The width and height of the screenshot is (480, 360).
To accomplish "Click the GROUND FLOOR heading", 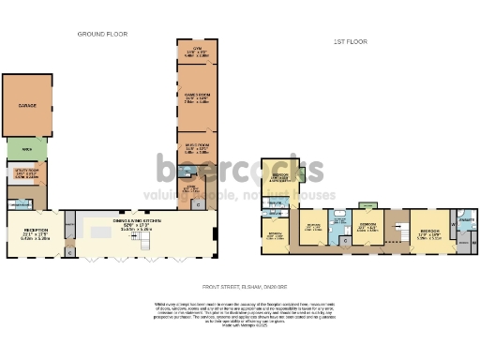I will (102, 34).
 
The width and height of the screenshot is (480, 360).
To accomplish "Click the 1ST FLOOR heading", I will (349, 41).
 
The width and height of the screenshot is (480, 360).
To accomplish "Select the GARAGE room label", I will (27, 106).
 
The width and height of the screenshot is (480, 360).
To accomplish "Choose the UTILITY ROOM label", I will (25, 172).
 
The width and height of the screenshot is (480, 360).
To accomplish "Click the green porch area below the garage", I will (26, 148).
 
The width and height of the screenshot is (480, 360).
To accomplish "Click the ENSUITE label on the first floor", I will (466, 220).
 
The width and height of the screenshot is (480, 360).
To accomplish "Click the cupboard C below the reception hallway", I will (71, 251).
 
